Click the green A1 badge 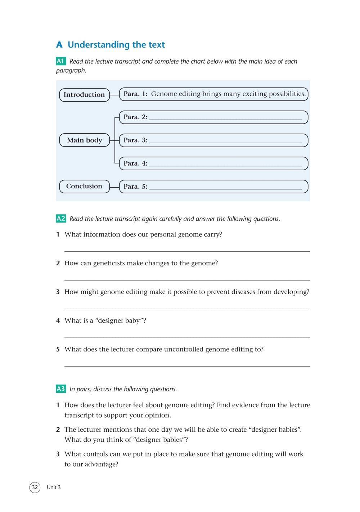tap(60, 61)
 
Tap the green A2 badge tap(61, 219)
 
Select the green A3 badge tap(61, 389)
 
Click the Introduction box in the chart tap(84, 95)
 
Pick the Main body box tap(84, 140)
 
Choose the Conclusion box tap(84, 186)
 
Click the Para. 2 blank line tap(226, 118)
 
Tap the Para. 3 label tap(135, 140)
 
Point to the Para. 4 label tap(135, 163)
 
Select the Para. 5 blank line tap(226, 188)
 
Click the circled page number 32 tap(35, 488)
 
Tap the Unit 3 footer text tap(54, 488)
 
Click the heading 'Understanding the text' tap(116, 45)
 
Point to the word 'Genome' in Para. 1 tap(163, 94)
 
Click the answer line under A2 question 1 tap(187, 251)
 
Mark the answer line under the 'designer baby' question tap(187, 337)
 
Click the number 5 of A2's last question tap(58, 349)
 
